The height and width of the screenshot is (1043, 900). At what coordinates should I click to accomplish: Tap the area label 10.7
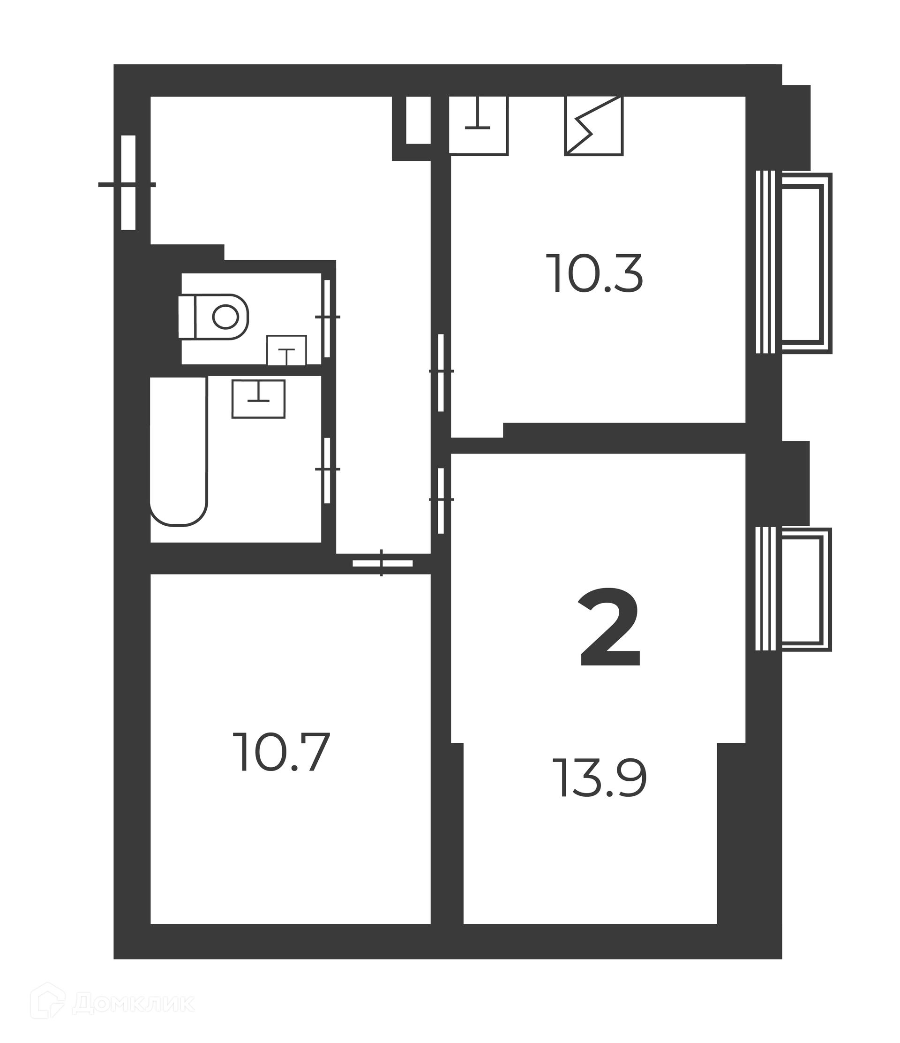(282, 752)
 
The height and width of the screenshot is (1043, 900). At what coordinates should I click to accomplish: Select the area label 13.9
(600, 778)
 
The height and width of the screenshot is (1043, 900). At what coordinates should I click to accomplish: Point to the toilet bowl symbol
(214, 316)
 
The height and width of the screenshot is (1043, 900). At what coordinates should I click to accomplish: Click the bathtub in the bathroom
(179, 451)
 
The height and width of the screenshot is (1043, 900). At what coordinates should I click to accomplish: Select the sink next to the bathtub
(259, 399)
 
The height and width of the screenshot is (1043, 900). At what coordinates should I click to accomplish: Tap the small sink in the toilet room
(287, 350)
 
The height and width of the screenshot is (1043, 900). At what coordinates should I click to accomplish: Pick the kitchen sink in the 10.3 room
(478, 125)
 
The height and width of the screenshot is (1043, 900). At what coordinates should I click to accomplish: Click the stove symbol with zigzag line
(594, 125)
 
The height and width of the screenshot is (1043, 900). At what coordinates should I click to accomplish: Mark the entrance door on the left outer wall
(128, 183)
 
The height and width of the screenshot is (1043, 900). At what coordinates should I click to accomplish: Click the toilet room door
(328, 317)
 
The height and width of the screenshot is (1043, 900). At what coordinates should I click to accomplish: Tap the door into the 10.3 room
(441, 372)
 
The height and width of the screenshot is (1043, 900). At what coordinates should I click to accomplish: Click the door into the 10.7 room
(382, 563)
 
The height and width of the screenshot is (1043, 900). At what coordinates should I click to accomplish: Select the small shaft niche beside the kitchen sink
(418, 120)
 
